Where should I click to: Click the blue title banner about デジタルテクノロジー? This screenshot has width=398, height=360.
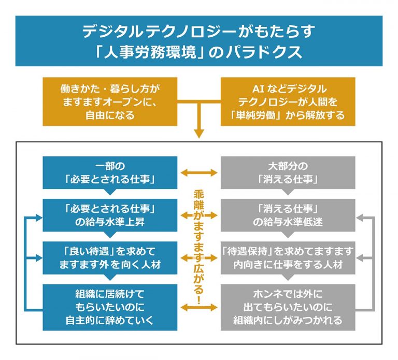click(199, 40)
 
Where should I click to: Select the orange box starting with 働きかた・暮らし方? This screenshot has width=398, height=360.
click(110, 102)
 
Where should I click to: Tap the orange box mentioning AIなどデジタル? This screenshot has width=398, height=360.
click(288, 102)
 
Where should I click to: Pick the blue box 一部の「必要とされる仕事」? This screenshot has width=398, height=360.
click(110, 172)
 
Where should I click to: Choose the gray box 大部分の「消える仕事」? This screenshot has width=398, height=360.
click(288, 172)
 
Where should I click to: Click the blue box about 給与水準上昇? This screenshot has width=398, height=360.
click(110, 214)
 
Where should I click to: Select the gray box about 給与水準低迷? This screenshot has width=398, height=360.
click(288, 214)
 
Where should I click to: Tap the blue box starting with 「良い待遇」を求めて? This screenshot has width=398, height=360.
click(110, 257)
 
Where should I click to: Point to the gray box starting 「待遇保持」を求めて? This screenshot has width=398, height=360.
click(288, 257)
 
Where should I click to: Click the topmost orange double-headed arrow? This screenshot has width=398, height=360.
click(199, 172)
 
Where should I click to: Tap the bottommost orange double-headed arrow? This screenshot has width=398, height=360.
click(199, 307)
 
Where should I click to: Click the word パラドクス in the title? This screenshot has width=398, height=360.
click(269, 53)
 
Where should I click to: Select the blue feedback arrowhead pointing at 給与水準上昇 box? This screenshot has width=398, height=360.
click(38, 214)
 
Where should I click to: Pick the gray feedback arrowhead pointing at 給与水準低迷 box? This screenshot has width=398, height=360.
click(361, 214)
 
